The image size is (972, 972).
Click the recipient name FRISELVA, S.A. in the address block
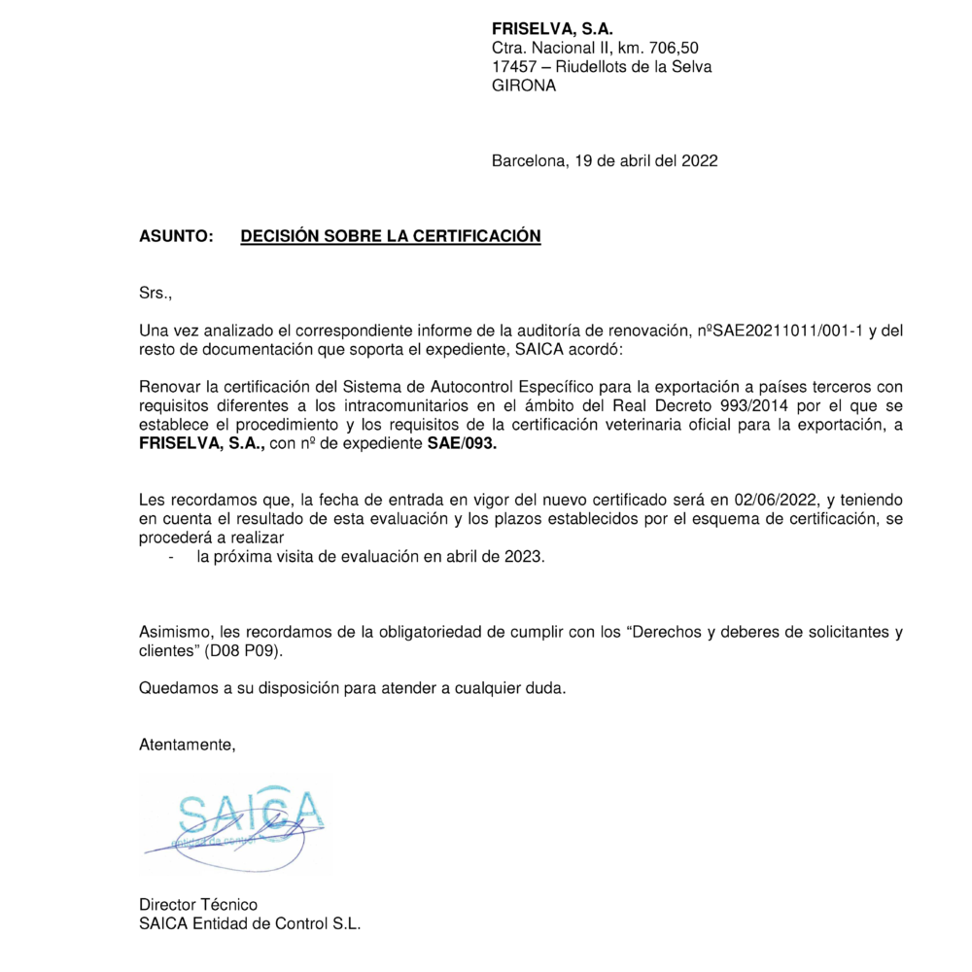(x=552, y=28)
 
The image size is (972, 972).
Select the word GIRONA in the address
(x=524, y=86)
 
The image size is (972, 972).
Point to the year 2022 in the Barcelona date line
(x=700, y=160)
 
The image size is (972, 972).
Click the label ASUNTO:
(x=176, y=236)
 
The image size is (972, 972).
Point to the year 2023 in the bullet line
(x=526, y=557)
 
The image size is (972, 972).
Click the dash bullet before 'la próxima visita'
(x=172, y=557)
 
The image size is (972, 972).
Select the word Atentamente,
(x=188, y=746)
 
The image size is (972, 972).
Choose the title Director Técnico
(x=198, y=905)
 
